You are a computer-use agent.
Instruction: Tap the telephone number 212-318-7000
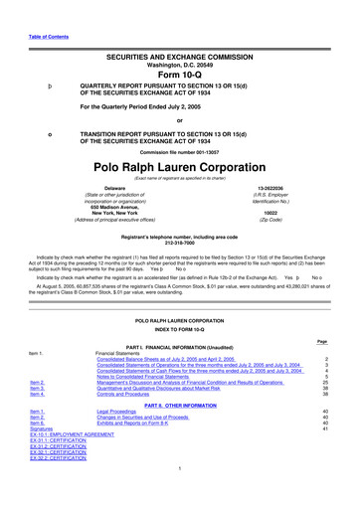(x=181, y=271)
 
